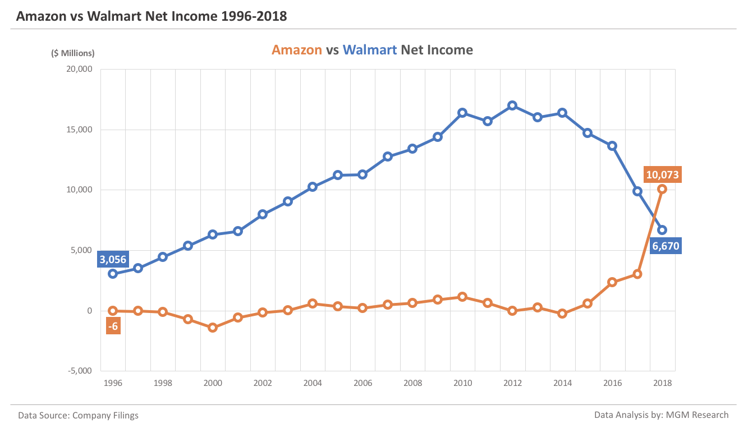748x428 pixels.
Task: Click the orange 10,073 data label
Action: [662, 175]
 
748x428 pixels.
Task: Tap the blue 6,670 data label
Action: [666, 246]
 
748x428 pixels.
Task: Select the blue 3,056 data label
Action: [113, 259]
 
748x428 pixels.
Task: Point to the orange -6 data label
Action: [113, 326]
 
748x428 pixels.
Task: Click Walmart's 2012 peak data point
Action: [512, 105]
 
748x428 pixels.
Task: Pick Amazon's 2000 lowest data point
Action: [213, 328]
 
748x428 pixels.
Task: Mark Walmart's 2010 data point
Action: [462, 113]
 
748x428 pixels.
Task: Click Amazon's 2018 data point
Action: [662, 189]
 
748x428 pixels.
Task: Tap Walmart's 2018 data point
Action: [662, 230]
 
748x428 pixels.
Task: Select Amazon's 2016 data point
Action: [612, 282]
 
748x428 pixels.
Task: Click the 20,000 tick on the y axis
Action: [79, 70]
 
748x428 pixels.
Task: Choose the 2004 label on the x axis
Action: [313, 383]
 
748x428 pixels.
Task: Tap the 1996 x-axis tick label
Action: [113, 383]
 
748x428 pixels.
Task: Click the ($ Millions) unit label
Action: [73, 53]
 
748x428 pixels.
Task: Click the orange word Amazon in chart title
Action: [296, 50]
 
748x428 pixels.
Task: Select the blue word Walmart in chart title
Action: [370, 50]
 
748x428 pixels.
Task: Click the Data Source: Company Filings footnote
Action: [78, 416]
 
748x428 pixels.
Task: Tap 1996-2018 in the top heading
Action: [254, 16]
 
